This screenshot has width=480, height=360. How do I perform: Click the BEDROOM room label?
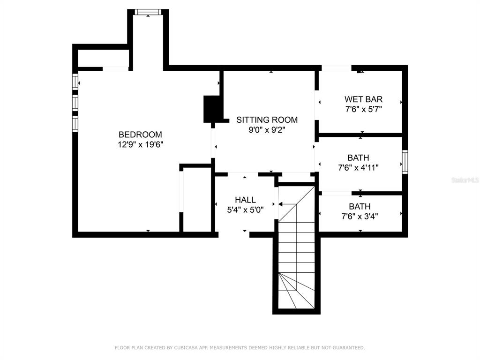coord(140,135)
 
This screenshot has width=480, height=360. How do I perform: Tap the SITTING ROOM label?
coord(267,120)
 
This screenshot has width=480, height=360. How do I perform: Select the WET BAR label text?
coord(363,99)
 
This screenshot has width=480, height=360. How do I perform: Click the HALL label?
coord(245,200)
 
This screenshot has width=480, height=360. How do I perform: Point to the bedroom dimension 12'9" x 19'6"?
coord(141,144)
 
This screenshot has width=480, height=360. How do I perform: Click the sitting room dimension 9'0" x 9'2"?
coord(267,130)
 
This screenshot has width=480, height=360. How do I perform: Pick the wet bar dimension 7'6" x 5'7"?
coord(364,109)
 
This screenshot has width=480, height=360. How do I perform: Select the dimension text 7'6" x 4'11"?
coord(358,168)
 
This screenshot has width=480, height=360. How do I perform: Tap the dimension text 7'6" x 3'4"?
coord(360,217)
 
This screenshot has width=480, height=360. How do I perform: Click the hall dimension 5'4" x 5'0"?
coord(245,210)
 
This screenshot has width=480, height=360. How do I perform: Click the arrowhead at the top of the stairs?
coord(280,204)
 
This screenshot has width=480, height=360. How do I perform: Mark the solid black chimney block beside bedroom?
coord(211,109)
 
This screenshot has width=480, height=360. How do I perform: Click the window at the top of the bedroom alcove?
coord(148,12)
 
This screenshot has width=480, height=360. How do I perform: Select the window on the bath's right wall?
coord(405,162)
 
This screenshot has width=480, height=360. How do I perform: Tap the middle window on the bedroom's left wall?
coord(75,103)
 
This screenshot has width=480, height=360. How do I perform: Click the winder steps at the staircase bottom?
coord(296,291)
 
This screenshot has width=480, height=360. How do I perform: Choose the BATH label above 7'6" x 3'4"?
coord(360,206)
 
